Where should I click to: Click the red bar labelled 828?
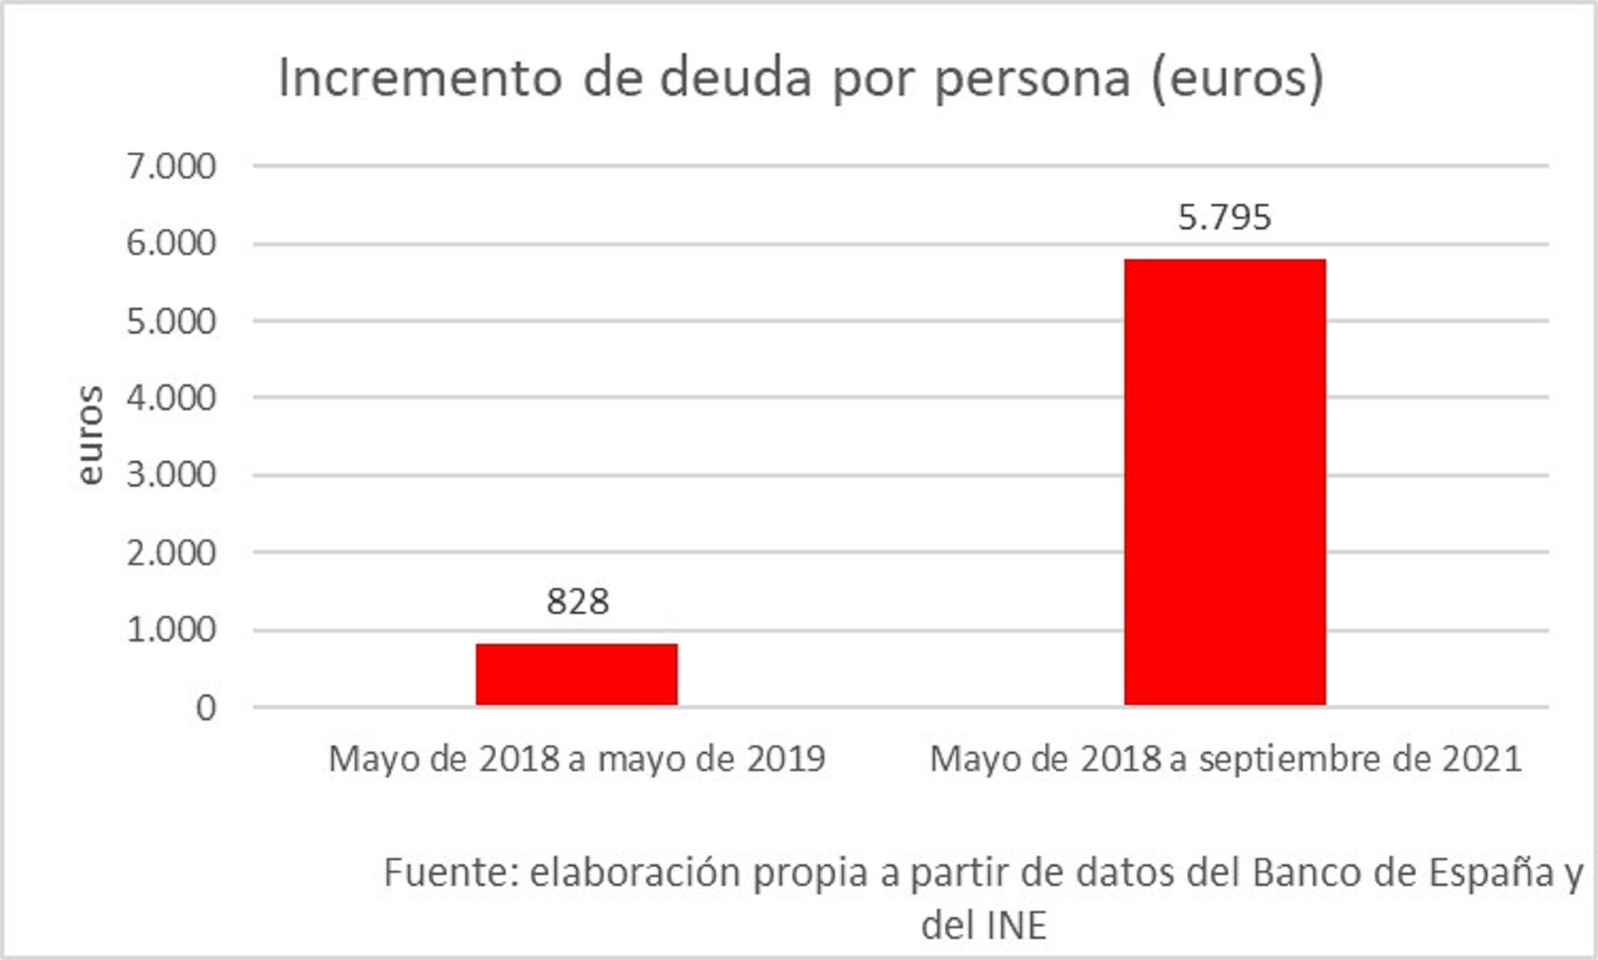coord(576,674)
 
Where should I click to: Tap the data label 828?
coord(578,602)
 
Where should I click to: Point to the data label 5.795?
coord(1225,218)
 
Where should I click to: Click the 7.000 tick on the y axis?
coord(172,166)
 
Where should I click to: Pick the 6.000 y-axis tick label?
coord(172,244)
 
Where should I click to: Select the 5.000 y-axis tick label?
coord(172,321)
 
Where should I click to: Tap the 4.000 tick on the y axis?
coord(172,398)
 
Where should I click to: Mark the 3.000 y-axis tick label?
coord(172,475)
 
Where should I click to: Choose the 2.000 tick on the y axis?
coord(172,553)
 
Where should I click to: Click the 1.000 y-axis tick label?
coord(172,630)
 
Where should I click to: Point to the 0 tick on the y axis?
coord(206,708)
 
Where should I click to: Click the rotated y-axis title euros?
coord(89,435)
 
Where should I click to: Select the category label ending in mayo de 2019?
coord(577,759)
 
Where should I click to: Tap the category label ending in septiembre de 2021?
coord(1225,759)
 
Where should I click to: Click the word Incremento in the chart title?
coord(420,78)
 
